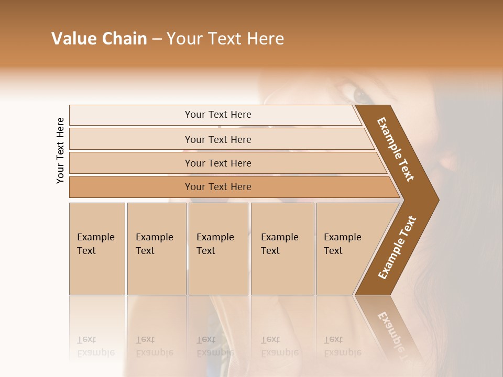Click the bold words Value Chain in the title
[99, 39]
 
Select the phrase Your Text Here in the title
[225, 39]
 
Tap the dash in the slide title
[157, 39]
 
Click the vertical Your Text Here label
[60, 150]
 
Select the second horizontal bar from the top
[217, 139]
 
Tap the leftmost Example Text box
[97, 249]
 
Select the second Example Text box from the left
[156, 249]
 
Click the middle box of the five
[218, 249]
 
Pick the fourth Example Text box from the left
[282, 249]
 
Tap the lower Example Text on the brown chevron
[397, 247]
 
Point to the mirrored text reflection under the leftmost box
[95, 346]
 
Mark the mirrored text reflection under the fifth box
[342, 346]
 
